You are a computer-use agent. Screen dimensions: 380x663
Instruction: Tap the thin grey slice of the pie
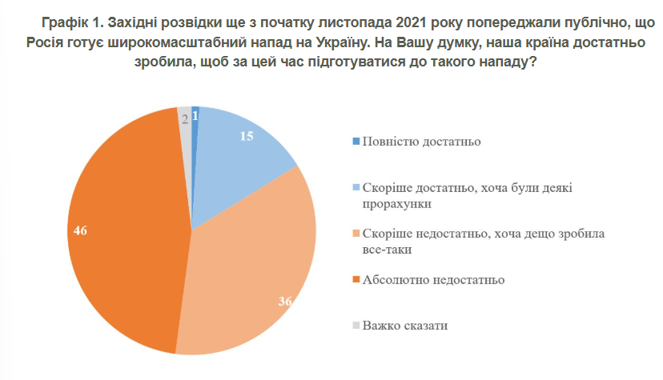185,128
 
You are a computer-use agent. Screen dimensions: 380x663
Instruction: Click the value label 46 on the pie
78,230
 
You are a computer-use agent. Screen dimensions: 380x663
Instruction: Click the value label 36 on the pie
284,302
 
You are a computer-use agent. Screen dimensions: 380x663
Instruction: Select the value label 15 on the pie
247,136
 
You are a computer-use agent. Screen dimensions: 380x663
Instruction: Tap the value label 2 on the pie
185,118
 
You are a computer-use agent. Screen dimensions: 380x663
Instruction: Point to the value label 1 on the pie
196,117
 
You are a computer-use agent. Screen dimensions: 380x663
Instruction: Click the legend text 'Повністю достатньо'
421,142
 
